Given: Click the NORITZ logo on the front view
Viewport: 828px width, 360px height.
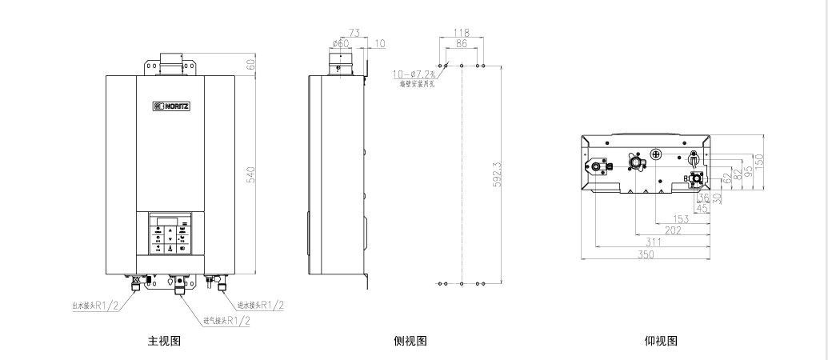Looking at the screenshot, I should point(172,105).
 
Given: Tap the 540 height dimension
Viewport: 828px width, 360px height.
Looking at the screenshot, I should point(250,174).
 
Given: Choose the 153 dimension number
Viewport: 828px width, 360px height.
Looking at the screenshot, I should point(681,218).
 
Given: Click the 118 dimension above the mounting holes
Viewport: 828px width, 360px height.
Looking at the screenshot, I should point(461,33).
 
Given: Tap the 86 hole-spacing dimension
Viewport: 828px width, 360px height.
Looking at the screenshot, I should point(461,45).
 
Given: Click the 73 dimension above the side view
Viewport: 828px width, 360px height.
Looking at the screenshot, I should point(354,33).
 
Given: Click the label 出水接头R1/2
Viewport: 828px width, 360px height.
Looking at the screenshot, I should point(94,305).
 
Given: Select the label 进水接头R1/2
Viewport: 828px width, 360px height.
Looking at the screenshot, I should point(260,305).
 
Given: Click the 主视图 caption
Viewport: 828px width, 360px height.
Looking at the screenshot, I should point(164,341).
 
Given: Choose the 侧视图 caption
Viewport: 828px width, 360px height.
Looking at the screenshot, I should point(410,341).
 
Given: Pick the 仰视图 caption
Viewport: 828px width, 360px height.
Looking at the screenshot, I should point(661,341).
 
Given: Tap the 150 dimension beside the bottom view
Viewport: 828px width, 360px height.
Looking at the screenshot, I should point(759,160).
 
